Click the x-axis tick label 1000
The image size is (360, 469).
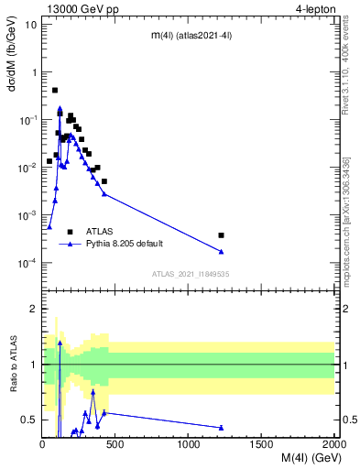pyautogui.click(x=189, y=443)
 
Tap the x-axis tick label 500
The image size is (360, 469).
pyautogui.click(x=115, y=443)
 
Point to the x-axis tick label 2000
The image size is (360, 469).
pyautogui.click(x=333, y=443)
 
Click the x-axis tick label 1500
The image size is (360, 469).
pyautogui.click(x=262, y=443)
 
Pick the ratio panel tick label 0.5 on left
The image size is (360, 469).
pyautogui.click(x=27, y=420)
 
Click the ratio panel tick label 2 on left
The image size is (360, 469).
pyautogui.click(x=33, y=309)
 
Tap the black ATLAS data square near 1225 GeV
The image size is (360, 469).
pyautogui.click(x=222, y=235)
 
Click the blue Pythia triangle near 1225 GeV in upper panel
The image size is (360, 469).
pyautogui.click(x=222, y=252)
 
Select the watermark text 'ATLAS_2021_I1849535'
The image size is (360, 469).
pyautogui.click(x=190, y=274)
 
